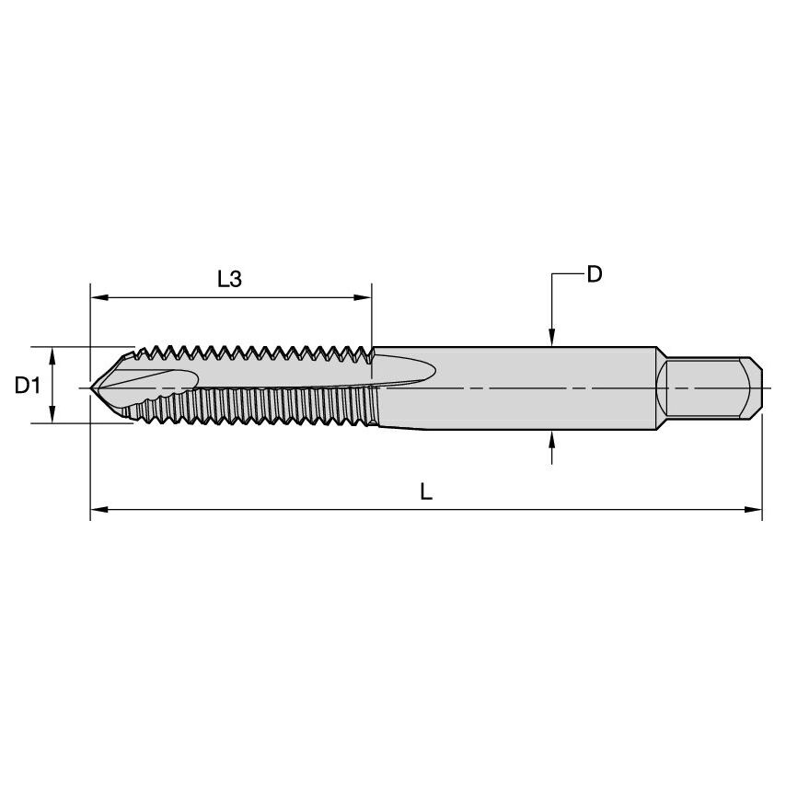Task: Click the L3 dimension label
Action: (x=229, y=279)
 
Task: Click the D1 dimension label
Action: (x=28, y=386)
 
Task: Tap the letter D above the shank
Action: (x=595, y=274)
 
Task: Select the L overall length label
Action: (x=426, y=491)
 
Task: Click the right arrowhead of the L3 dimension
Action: (x=364, y=297)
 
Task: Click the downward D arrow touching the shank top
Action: (x=551, y=340)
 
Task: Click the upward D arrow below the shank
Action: (x=551, y=438)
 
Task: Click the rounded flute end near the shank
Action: (x=429, y=373)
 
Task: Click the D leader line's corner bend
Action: (x=551, y=274)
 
